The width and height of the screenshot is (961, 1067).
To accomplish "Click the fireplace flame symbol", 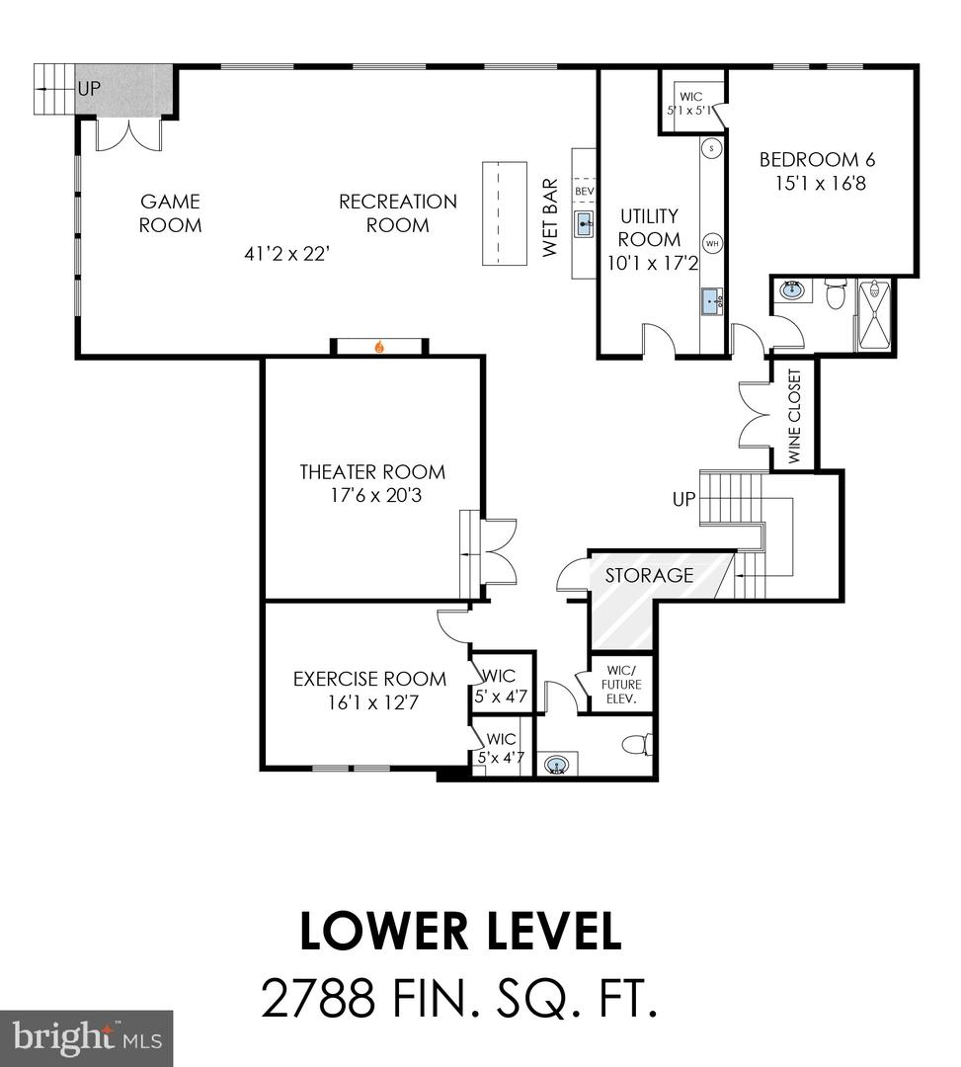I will [379, 347].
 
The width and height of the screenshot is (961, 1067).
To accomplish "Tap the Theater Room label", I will [372, 472].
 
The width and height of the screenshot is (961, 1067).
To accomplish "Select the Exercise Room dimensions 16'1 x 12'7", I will [369, 703].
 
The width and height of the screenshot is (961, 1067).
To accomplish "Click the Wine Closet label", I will [795, 414].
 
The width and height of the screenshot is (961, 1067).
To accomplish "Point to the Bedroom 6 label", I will [817, 160].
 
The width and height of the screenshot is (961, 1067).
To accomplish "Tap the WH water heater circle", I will [711, 243].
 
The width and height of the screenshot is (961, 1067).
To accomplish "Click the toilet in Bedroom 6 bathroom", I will [834, 293].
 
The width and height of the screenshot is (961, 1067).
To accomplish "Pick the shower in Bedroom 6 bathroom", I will [874, 315].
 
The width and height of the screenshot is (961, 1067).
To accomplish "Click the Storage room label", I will [649, 575].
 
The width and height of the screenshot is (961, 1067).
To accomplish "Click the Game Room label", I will [170, 213].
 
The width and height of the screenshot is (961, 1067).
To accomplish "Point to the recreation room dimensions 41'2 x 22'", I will [286, 254].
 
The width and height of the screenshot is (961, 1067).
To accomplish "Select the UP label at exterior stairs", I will [89, 88].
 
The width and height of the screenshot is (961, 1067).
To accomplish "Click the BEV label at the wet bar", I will [584, 190].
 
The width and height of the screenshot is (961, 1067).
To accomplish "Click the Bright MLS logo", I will [87, 1037].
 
